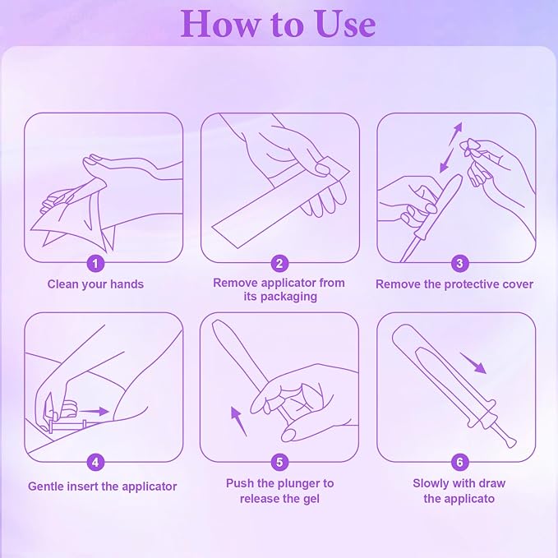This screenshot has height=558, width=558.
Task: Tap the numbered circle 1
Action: [x=95, y=264]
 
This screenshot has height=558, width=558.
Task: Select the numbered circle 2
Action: [x=279, y=264]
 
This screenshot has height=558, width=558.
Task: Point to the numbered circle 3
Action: [x=459, y=264]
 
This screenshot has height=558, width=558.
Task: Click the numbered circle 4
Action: [x=95, y=463]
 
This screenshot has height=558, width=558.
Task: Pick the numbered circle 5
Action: [x=279, y=463]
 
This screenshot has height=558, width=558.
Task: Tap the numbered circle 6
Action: [x=459, y=463]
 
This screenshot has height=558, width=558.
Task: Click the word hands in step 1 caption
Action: [x=127, y=284]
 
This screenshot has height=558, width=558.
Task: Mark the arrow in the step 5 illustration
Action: [x=238, y=422]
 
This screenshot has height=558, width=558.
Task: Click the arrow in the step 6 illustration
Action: [x=473, y=363]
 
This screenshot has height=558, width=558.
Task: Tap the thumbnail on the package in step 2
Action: [x=323, y=168]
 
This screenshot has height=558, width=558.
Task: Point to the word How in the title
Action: [x=220, y=24]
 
